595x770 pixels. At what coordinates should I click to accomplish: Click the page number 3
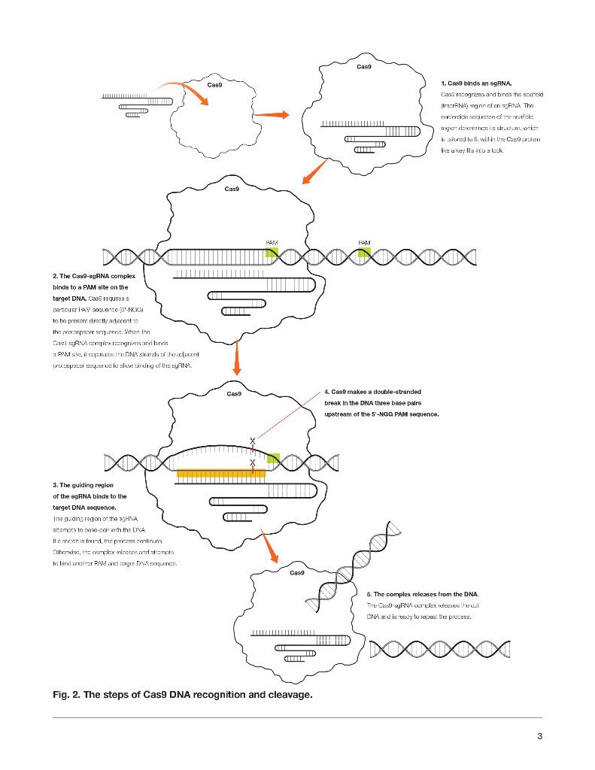point(539,735)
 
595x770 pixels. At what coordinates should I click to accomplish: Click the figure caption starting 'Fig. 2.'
point(182,694)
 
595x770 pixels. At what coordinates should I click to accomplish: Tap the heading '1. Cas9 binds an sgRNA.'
point(476,82)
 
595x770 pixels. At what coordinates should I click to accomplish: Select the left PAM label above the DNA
point(272,242)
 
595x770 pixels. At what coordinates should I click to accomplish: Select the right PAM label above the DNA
point(364,242)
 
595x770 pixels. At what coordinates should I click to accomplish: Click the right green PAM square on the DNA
point(364,253)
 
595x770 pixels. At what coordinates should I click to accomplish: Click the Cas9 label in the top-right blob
point(364,67)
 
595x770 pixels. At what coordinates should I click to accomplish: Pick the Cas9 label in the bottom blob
point(297,573)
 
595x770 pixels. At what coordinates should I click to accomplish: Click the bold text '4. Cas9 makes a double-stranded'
point(372,392)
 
